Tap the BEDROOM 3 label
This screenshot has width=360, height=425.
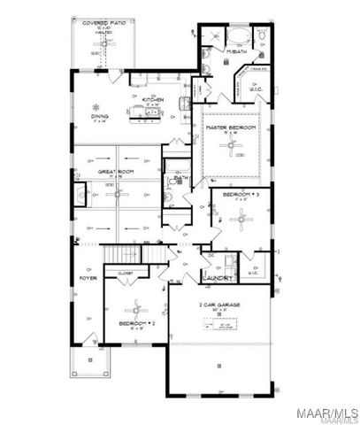click(x=239, y=194)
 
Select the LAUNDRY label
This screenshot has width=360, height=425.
click(x=217, y=278)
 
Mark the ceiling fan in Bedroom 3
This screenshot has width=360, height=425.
click(x=238, y=214)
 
